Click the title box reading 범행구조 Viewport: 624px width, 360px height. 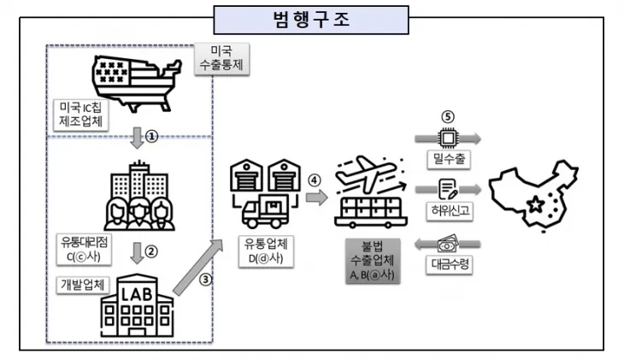[311, 18]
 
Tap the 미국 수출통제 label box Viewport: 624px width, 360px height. [223, 60]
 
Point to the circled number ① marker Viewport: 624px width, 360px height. [152, 136]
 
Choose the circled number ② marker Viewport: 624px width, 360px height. [152, 252]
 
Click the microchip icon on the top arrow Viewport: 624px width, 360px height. [446, 137]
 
